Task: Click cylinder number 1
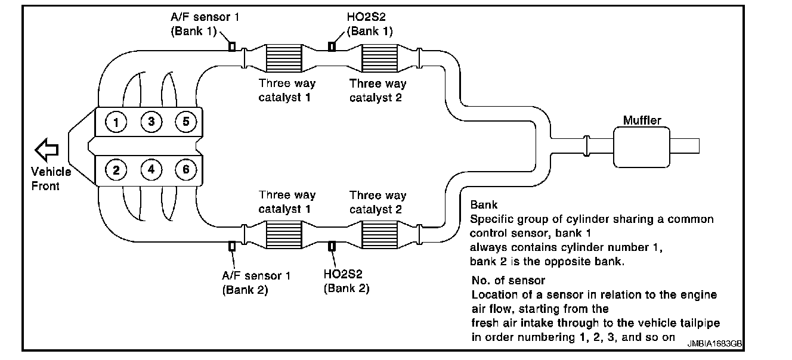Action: (x=116, y=123)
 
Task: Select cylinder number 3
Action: (x=151, y=122)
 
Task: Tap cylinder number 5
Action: (x=186, y=122)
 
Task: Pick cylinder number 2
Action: (x=116, y=170)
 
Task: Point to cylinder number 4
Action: (x=151, y=170)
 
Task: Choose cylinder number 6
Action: (x=186, y=170)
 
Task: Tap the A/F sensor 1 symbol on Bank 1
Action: (x=232, y=46)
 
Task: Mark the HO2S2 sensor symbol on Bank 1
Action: (x=332, y=46)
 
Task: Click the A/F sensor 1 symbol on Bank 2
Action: (x=232, y=246)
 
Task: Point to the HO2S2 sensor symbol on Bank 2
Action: (x=332, y=246)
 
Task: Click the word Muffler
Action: (x=642, y=120)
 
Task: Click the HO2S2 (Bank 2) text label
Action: (x=346, y=281)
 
